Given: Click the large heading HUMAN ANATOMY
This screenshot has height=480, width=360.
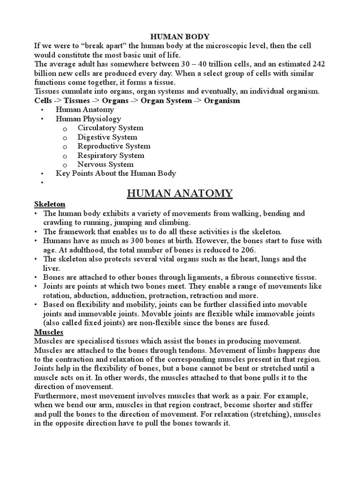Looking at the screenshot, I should pyautogui.click(x=180, y=193).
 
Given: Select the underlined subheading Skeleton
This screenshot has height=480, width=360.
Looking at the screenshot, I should pyautogui.click(x=49, y=204).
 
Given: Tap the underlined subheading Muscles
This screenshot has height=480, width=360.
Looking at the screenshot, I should pyautogui.click(x=49, y=332).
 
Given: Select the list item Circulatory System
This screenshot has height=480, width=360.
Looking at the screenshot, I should pyautogui.click(x=111, y=128).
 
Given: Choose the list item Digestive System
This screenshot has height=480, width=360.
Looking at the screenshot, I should pyautogui.click(x=107, y=137).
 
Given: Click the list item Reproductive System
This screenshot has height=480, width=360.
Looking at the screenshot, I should pyautogui.click(x=114, y=146).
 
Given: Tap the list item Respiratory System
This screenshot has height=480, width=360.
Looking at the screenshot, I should pyautogui.click(x=111, y=156).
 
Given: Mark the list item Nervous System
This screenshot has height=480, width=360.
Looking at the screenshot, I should pyautogui.click(x=105, y=165).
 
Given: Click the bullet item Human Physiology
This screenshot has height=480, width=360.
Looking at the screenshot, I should pyautogui.click(x=88, y=119).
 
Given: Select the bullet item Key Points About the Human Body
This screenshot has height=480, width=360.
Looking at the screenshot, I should pyautogui.click(x=116, y=173).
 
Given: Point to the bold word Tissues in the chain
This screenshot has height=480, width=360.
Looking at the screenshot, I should pyautogui.click(x=77, y=101).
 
